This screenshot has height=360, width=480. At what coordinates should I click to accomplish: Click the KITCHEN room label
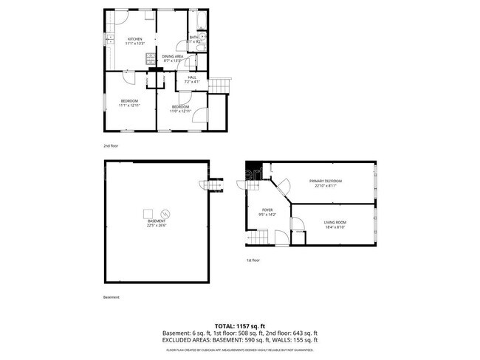click(134, 39)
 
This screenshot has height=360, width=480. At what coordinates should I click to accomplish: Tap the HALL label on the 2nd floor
click(192, 76)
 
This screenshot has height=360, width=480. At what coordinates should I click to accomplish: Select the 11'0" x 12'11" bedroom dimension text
click(180, 111)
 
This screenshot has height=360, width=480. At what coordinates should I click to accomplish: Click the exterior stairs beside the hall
click(220, 86)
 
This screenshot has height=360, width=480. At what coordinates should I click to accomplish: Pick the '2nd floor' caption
click(111, 146)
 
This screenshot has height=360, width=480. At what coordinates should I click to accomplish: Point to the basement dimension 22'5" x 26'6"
click(156, 226)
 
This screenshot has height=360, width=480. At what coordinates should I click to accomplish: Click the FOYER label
click(267, 210)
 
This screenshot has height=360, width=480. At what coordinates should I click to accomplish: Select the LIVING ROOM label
click(335, 222)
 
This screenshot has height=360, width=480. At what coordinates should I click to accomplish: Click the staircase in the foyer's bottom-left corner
click(256, 237)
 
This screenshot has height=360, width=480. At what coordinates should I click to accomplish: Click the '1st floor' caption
click(253, 260)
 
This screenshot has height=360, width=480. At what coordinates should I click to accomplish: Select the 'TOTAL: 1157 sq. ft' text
click(239, 325)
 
